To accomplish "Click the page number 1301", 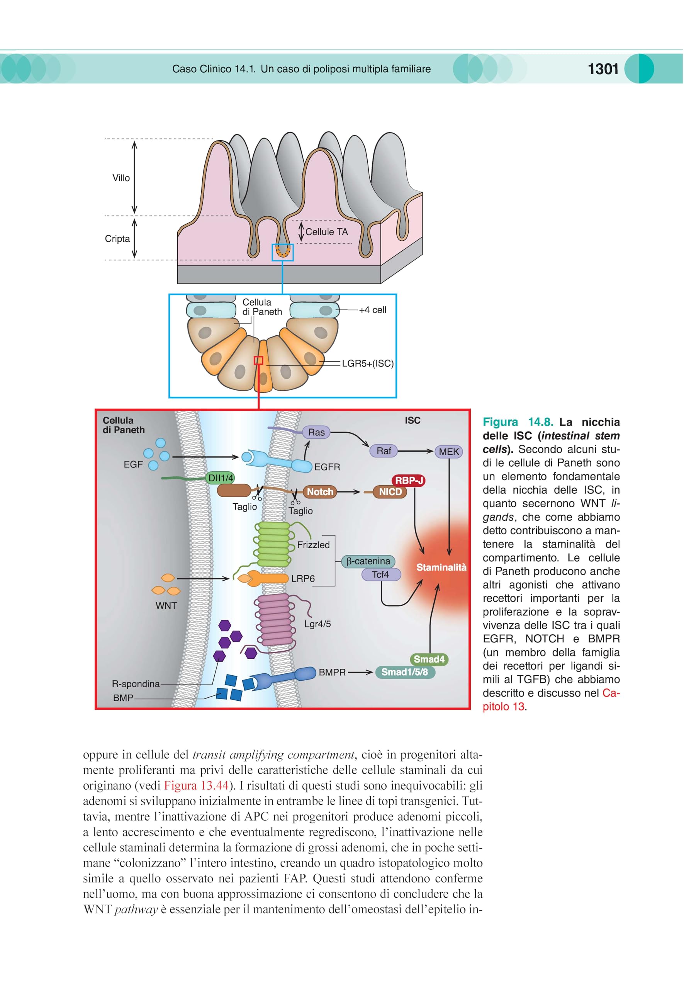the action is (x=603, y=69).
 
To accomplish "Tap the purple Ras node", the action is (x=316, y=432).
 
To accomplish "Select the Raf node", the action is (x=384, y=450).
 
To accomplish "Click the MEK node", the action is (x=449, y=451).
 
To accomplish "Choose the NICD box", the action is (x=390, y=492).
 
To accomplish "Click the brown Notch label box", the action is (x=320, y=492).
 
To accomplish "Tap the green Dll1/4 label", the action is (x=221, y=478).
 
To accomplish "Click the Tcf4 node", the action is (x=380, y=574).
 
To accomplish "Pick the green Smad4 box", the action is (x=429, y=659).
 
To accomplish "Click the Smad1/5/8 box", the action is (x=405, y=672).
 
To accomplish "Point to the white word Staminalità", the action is (x=441, y=567).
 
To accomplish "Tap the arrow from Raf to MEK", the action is (x=416, y=451).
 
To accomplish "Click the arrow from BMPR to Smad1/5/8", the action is (x=360, y=672).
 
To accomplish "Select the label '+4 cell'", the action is (x=372, y=309).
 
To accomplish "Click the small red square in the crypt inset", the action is (x=258, y=360).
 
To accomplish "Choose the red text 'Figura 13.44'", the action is (x=196, y=785).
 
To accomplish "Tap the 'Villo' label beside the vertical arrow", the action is (x=121, y=178).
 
